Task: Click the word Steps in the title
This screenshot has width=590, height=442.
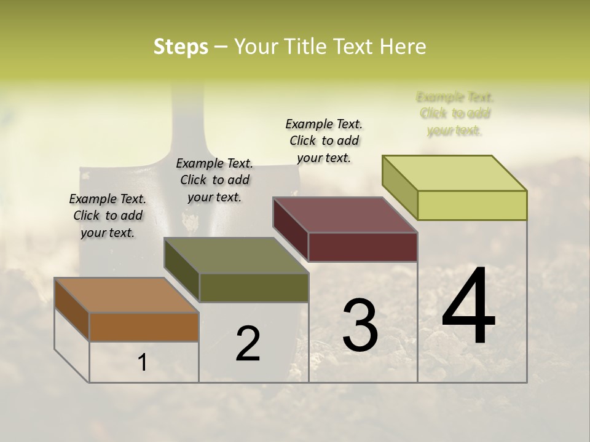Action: point(181,47)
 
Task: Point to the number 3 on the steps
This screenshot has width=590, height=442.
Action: point(360,325)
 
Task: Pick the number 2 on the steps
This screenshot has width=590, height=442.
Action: point(248,344)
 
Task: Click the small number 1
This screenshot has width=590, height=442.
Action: point(143,363)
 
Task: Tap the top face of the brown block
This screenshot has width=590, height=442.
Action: point(126,295)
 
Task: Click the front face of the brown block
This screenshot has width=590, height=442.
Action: point(144,327)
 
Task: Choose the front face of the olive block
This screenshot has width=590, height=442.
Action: point(254,287)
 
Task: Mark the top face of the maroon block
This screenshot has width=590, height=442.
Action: point(345,215)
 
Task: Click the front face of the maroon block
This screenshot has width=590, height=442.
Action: point(363,247)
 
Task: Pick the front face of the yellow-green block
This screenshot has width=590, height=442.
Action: point(472,205)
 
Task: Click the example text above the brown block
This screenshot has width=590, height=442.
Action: point(108,215)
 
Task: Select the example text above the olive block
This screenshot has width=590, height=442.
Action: point(214,180)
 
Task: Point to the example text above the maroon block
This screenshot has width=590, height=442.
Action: point(324,141)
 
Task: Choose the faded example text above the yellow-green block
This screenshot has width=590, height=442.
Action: point(455,114)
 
